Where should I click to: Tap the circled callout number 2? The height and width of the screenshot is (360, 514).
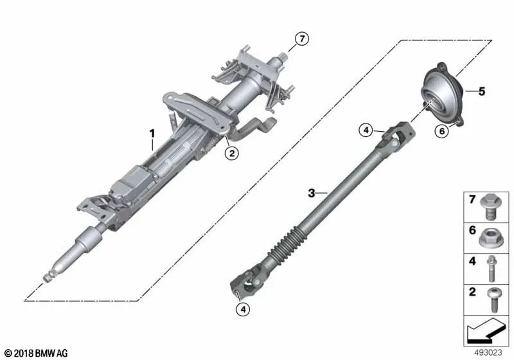[231, 152]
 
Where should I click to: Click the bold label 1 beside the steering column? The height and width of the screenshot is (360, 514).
[153, 134]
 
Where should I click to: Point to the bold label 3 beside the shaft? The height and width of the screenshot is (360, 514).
[312, 192]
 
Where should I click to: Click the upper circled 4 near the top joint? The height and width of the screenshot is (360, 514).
[366, 131]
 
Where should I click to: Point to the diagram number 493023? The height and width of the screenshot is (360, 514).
[490, 353]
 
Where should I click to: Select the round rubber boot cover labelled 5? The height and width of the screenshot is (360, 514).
[439, 96]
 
